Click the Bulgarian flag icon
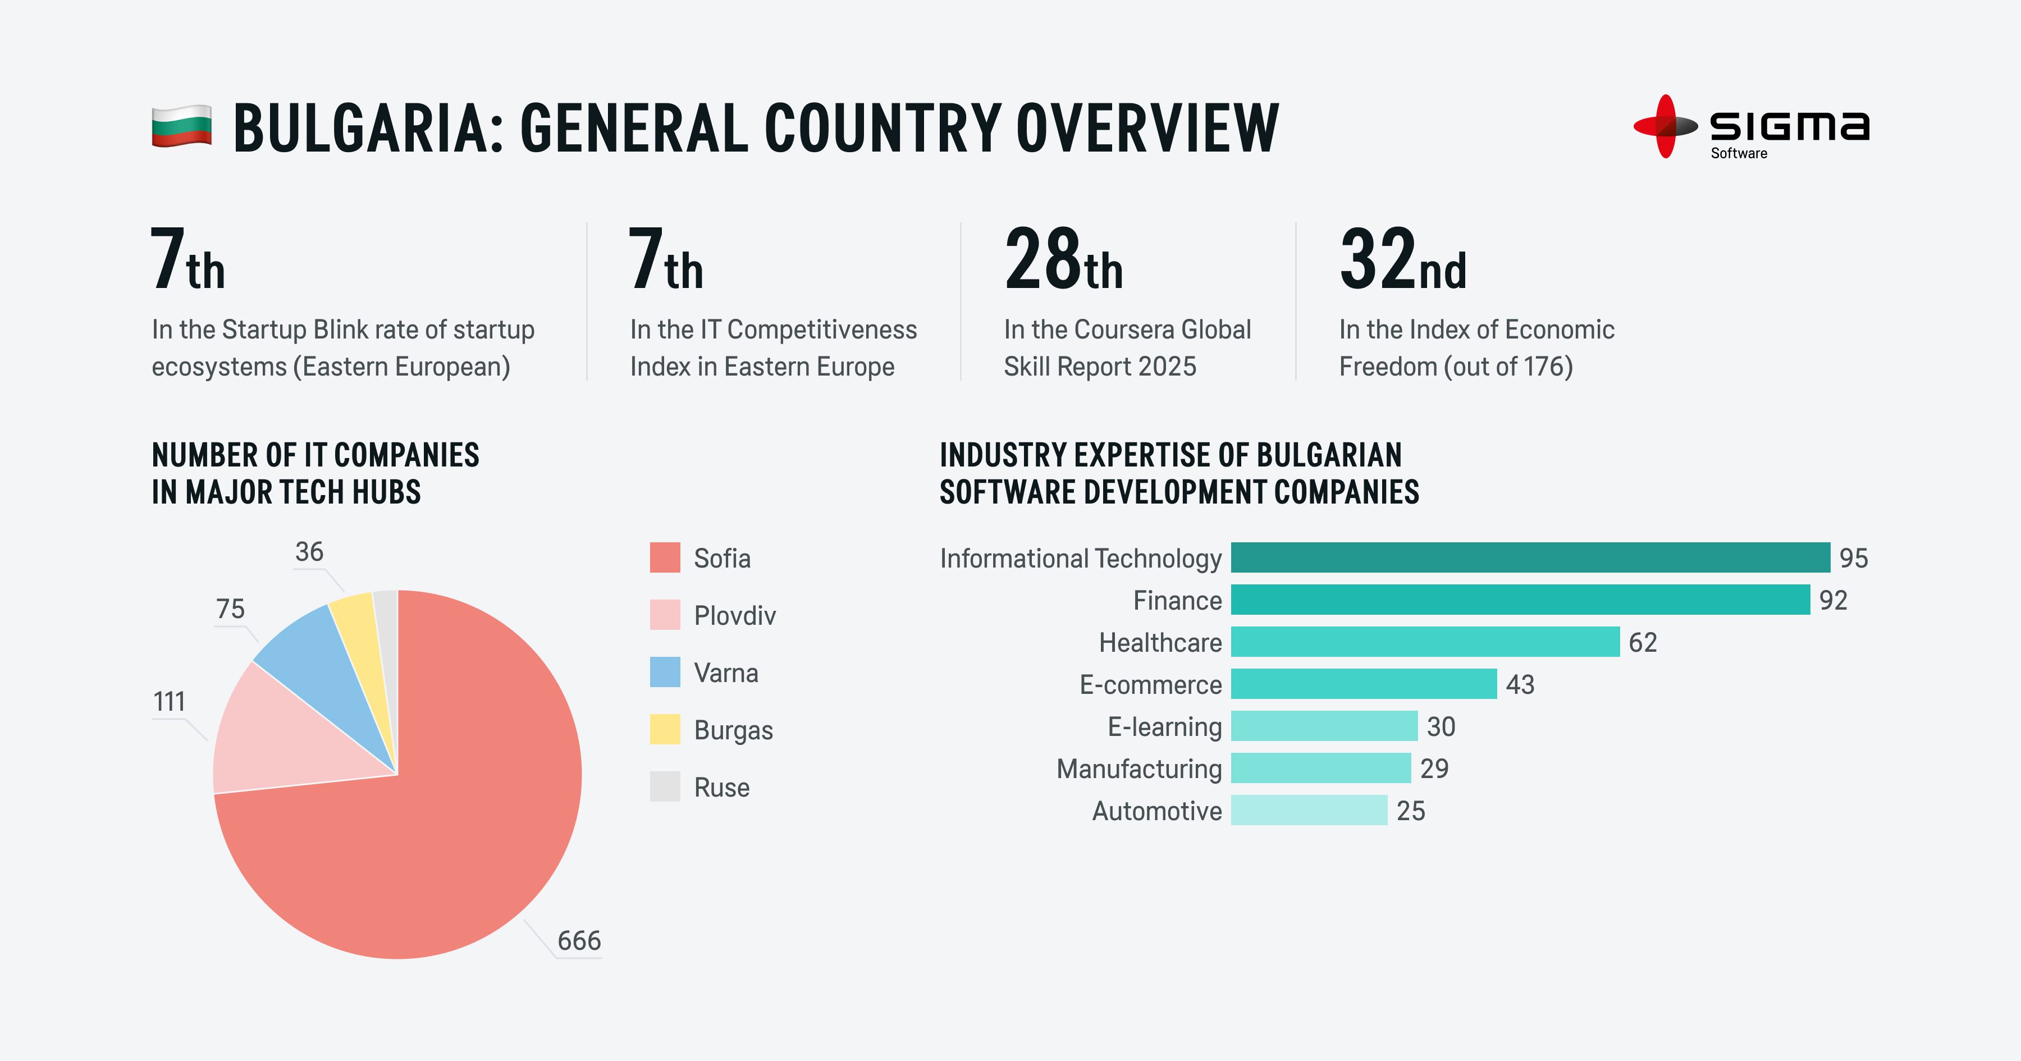point(181,126)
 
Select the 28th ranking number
point(1063,260)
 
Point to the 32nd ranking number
point(1402,260)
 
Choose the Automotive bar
point(1309,810)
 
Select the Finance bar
point(1520,600)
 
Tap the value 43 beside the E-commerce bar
point(1520,684)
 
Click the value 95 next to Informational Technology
point(1853,558)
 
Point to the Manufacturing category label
point(1139,769)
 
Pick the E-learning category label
point(1164,726)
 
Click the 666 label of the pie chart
point(579,940)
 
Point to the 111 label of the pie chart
point(170,701)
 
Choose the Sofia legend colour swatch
point(665,558)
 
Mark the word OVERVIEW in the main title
point(1148,128)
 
